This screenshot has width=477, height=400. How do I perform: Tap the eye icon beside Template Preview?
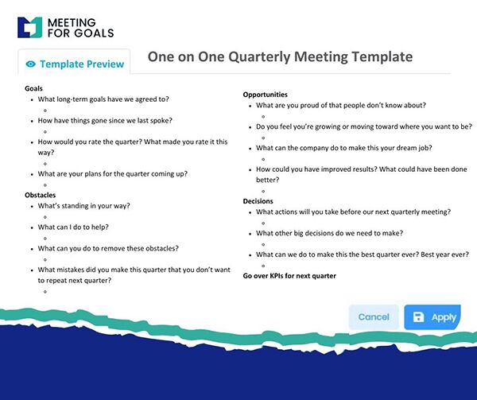31,64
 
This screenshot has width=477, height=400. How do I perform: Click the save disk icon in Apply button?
418,317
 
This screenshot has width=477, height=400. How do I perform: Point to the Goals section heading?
33,87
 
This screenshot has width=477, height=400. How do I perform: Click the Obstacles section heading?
41,194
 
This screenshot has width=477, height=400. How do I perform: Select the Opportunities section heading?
265,95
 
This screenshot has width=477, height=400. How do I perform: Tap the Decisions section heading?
258,201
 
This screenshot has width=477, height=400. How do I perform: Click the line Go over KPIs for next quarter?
289,276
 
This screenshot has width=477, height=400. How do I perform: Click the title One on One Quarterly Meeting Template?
280,56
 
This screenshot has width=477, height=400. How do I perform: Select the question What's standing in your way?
83,205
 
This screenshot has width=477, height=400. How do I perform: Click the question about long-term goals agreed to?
103,99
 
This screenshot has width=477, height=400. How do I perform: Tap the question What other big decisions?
328,233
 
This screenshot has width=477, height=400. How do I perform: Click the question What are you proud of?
340,105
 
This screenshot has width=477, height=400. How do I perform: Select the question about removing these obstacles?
107,248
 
